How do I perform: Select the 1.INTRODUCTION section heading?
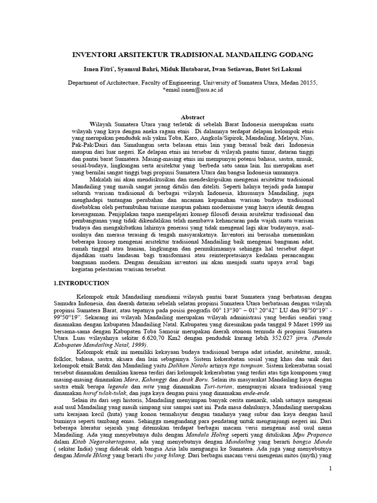(81, 283)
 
